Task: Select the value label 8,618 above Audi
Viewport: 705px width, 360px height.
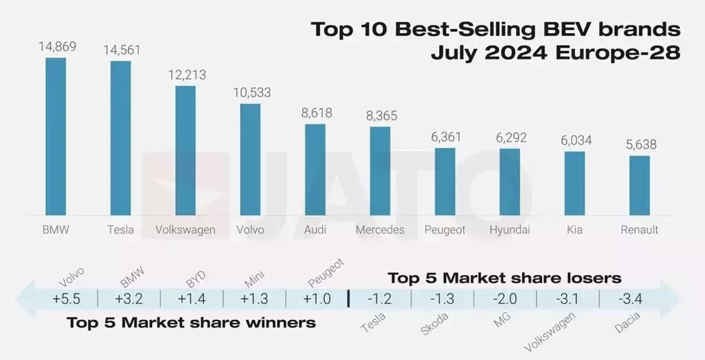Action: click(x=315, y=113)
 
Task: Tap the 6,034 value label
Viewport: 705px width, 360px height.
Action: click(x=574, y=140)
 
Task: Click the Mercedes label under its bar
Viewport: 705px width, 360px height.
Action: click(x=379, y=230)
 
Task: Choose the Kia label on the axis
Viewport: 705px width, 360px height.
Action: click(x=574, y=230)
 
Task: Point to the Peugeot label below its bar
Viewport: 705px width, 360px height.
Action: click(x=444, y=230)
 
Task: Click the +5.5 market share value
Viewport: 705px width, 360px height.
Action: click(x=66, y=299)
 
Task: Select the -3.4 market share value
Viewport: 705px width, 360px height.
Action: click(x=632, y=299)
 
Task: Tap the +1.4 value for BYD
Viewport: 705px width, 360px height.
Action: click(x=191, y=299)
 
